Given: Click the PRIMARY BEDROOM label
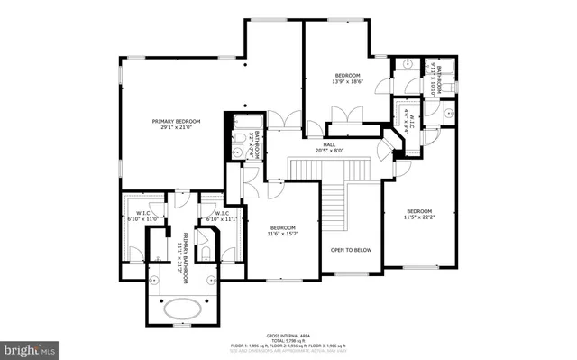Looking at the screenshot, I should [176, 121].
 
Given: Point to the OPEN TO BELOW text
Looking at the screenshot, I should [351, 249].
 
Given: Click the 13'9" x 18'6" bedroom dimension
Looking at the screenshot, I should [348, 81].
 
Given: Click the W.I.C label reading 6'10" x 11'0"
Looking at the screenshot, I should [142, 217].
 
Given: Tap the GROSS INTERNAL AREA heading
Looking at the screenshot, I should [289, 333].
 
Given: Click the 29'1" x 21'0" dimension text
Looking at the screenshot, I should [176, 128].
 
